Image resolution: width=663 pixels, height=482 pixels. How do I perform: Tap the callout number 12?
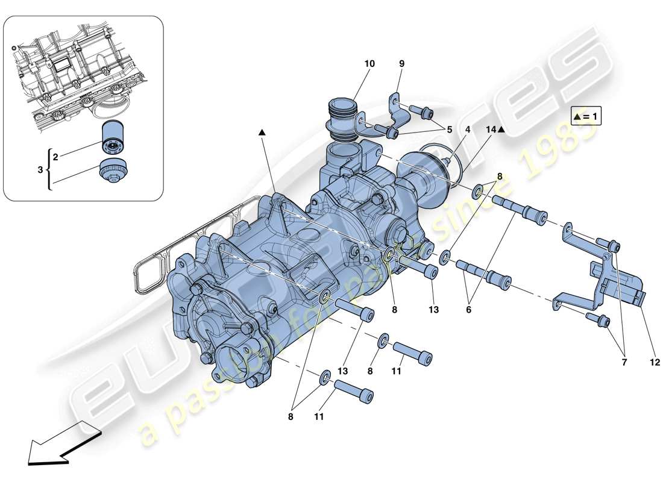click(x=656, y=363)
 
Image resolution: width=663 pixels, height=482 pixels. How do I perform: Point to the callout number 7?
click(x=625, y=363)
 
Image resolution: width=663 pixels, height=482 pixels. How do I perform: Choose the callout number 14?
click(x=491, y=130)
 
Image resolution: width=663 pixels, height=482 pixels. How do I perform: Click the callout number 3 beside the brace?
click(x=40, y=171)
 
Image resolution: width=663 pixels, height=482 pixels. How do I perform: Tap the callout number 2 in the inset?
click(x=55, y=157)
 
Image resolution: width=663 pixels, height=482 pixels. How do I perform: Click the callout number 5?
click(x=448, y=129)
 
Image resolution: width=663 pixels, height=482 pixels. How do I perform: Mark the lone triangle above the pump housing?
click(x=262, y=132)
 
